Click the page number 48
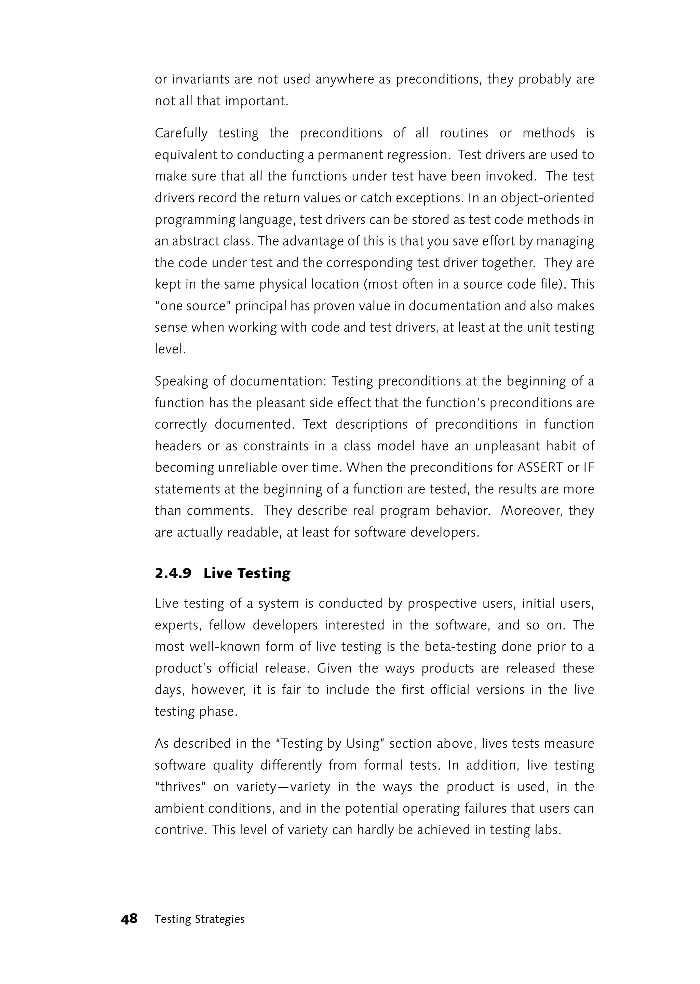point(129,919)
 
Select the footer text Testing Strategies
point(200,919)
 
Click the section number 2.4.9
point(173,573)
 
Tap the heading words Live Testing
point(247,573)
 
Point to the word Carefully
point(181,133)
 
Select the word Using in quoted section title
point(362,744)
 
